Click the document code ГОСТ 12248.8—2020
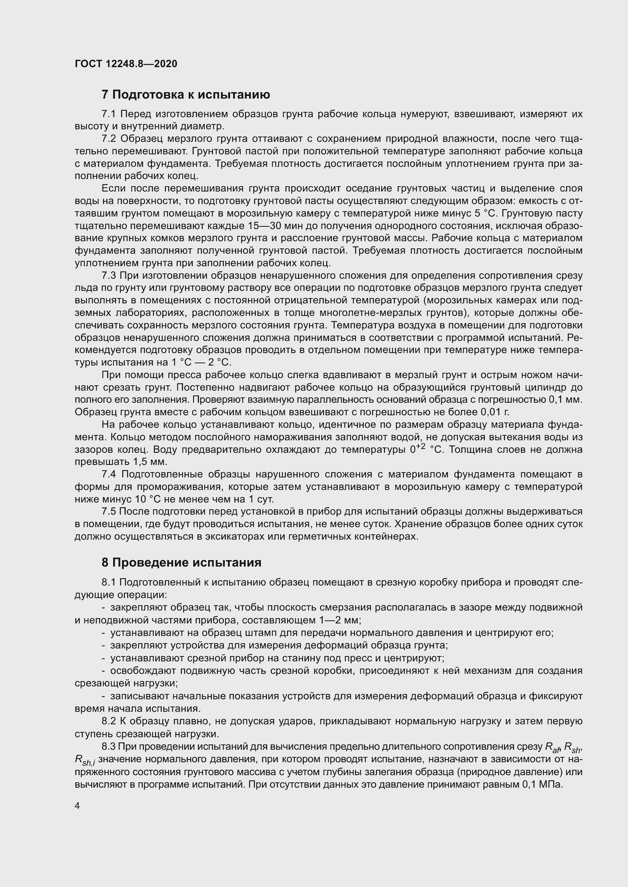(126, 64)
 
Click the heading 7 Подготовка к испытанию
(186, 95)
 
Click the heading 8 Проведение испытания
(181, 562)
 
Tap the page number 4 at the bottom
(77, 806)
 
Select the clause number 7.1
(109, 114)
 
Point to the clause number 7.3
(109, 275)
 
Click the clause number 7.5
(109, 512)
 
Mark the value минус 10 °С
(123, 499)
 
